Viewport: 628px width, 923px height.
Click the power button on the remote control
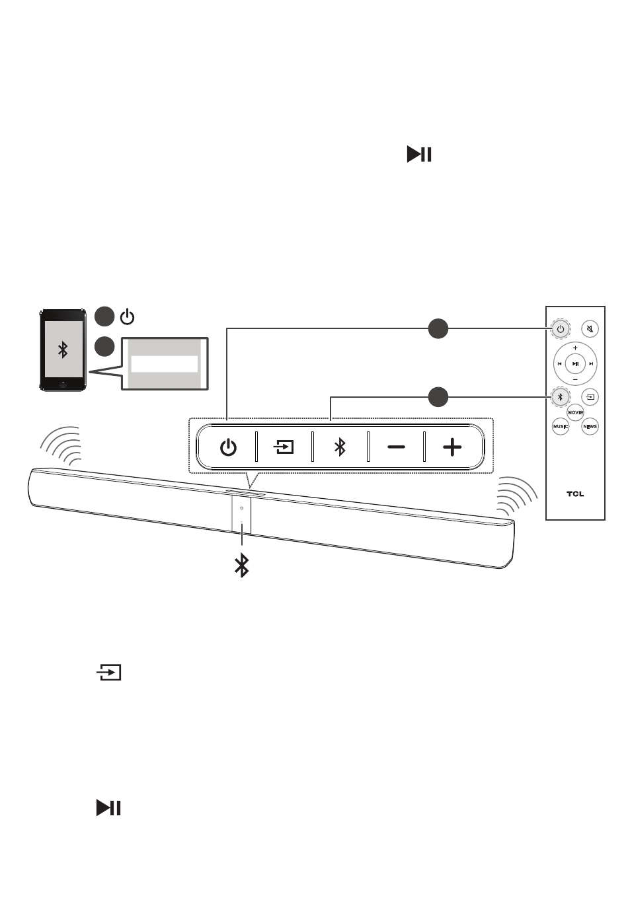tap(560, 329)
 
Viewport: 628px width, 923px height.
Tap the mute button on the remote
tap(590, 329)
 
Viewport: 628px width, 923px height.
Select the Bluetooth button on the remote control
tap(560, 397)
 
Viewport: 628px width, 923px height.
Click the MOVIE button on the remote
tap(575, 412)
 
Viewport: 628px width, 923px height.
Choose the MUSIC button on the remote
tap(561, 426)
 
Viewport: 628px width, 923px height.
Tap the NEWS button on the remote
tap(590, 426)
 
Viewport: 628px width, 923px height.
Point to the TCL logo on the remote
tap(575, 494)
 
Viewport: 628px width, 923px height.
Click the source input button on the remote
tap(590, 397)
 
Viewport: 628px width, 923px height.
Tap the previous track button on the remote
tap(559, 364)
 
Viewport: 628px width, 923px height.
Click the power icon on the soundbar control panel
tap(228, 447)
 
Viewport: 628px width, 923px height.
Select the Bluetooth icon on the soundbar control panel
tap(340, 447)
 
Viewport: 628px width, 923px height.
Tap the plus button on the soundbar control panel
tap(452, 447)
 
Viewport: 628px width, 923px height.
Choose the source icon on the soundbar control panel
tap(284, 447)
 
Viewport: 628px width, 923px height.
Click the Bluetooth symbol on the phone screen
tap(63, 350)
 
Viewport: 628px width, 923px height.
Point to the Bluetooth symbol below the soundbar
tap(242, 566)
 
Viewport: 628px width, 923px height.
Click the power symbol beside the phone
tap(127, 317)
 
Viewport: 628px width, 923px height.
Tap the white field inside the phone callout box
tap(165, 364)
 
